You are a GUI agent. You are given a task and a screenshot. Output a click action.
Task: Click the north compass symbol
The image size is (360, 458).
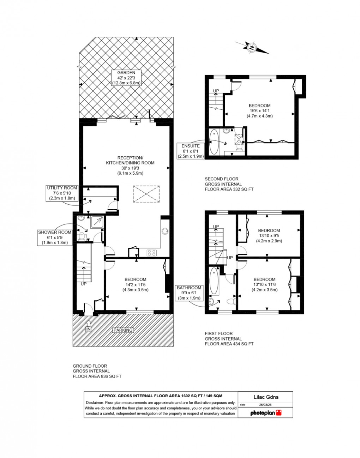pyautogui.click(x=252, y=48)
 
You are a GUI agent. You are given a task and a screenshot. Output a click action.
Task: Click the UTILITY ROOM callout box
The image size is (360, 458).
pyautogui.click(x=62, y=193)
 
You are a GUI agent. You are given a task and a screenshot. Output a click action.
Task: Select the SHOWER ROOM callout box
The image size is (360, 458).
pyautogui.click(x=55, y=237)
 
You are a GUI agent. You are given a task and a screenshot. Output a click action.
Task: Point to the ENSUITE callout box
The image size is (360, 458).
pyautogui.click(x=191, y=151)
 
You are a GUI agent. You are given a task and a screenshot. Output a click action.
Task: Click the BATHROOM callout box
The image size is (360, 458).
pyautogui.click(x=189, y=293)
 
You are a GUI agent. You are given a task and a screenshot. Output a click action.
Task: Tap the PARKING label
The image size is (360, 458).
pyautogui.click(x=123, y=330)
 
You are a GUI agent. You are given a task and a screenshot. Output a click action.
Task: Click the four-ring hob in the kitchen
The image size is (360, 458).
pyautogui.click(x=152, y=253)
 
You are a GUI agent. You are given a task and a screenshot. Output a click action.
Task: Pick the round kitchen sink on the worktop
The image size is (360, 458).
pyautogui.click(x=165, y=231)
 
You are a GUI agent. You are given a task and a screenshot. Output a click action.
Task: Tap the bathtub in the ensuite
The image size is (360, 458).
pyautogui.click(x=214, y=142)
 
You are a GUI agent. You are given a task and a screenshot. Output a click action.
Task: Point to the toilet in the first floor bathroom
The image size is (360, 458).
pyautogui.click(x=231, y=302)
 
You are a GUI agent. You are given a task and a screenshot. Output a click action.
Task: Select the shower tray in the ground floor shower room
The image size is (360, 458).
pyautogui.click(x=97, y=222)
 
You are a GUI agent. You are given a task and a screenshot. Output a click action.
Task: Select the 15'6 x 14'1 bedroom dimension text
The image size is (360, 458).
pyautogui.click(x=259, y=111)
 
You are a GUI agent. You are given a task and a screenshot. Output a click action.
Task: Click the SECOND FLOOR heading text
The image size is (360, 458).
pyautogui.click(x=222, y=179)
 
